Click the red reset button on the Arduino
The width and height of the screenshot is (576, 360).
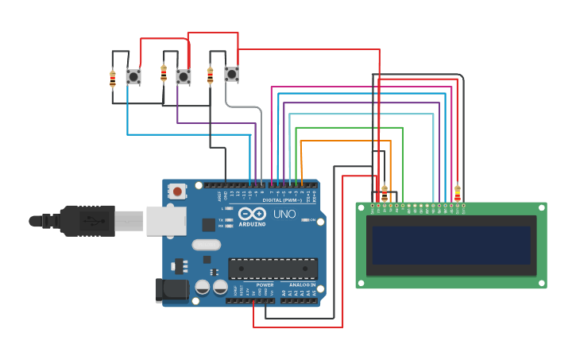(177, 192)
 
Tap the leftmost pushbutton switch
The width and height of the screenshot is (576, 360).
(133, 77)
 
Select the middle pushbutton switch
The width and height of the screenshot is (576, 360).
(184, 77)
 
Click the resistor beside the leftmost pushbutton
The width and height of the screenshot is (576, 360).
(113, 79)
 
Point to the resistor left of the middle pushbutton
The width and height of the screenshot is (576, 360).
(164, 74)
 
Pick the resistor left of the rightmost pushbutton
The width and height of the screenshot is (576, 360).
(210, 75)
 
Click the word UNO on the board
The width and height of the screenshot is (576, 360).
(284, 215)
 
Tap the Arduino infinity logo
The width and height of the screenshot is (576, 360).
(253, 214)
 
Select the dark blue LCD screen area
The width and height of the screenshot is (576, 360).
(450, 246)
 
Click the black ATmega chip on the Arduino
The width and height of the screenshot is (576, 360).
(273, 269)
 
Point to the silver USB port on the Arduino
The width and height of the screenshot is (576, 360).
(165, 221)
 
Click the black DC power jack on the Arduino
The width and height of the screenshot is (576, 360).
(170, 290)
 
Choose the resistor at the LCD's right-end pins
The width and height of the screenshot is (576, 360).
(457, 192)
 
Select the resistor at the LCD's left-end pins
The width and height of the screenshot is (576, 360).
(385, 192)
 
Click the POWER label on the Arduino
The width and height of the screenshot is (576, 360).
(265, 285)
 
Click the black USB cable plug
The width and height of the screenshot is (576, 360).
(87, 221)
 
